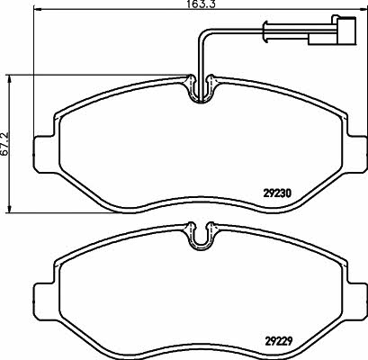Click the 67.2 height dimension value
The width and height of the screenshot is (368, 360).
click(5, 143)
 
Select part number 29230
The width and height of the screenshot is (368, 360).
click(277, 193)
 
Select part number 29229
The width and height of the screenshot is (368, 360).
click(279, 341)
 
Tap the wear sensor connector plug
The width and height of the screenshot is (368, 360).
click(346, 31)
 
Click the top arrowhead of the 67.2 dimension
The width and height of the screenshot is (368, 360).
click(9, 78)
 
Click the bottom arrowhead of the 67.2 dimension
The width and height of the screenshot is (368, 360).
click(9, 209)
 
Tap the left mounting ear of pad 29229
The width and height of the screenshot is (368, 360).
click(45, 301)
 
